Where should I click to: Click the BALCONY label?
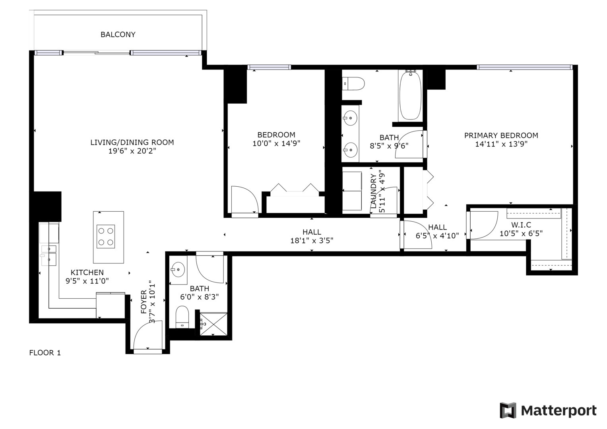point(118,35)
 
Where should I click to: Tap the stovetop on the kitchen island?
point(106,236)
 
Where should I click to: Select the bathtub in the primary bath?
point(410,95)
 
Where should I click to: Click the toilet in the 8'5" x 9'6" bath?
point(353,84)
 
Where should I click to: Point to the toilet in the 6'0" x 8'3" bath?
point(182,317)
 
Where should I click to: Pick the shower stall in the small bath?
point(213,324)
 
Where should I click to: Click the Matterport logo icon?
point(508,410)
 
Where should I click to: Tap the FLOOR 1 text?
point(45,353)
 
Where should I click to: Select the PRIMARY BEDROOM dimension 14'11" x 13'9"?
point(501,144)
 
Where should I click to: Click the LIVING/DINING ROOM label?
point(132,142)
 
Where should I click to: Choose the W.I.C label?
point(521,225)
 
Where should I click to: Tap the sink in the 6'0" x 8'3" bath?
point(178,270)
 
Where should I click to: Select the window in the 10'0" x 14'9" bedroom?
point(269,67)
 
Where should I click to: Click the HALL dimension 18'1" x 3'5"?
point(312,240)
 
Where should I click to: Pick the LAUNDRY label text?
point(373,191)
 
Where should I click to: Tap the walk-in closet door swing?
point(483,225)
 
